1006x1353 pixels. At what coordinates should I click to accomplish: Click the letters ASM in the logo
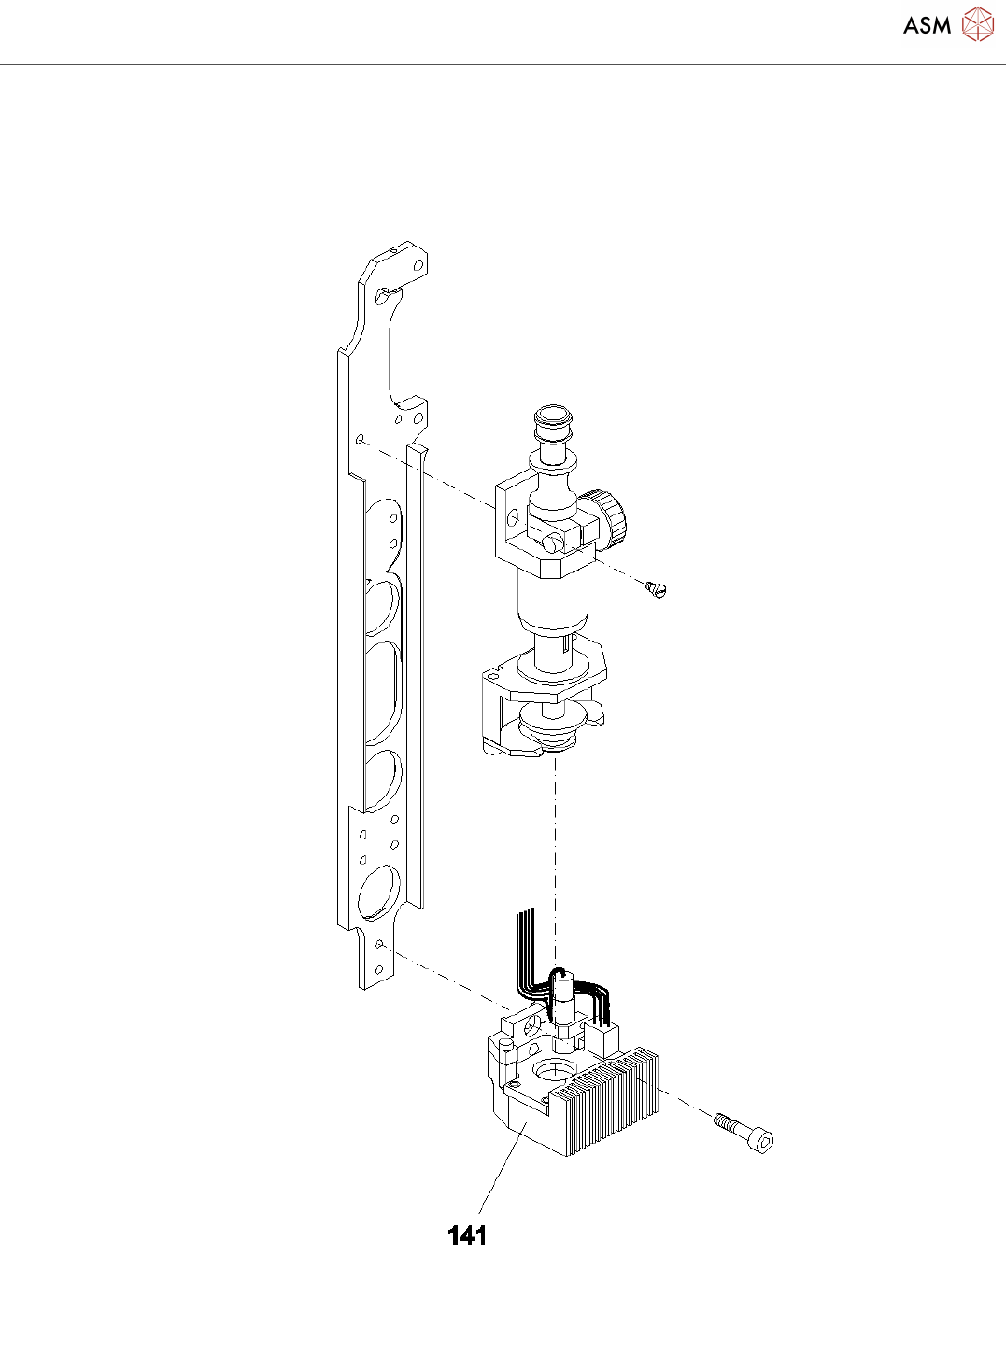tap(927, 25)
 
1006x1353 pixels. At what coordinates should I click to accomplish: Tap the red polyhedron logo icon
tap(977, 24)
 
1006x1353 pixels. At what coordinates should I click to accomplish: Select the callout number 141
tap(468, 1235)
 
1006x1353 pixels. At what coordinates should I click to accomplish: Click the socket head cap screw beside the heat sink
tap(743, 1137)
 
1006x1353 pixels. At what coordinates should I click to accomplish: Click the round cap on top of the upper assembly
tap(554, 418)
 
